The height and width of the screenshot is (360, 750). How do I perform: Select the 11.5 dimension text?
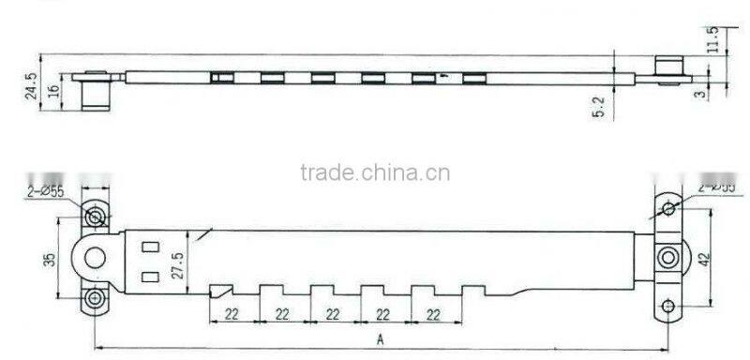(x=712, y=39)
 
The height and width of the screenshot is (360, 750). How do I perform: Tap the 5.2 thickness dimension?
(x=600, y=106)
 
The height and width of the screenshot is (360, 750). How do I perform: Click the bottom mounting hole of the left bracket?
(x=96, y=300)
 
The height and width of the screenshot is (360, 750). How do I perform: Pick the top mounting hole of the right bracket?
(x=667, y=207)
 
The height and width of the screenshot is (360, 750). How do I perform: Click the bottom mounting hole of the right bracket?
(x=667, y=305)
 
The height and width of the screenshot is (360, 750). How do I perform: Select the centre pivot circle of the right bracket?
(x=667, y=257)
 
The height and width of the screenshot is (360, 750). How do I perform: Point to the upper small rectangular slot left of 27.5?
(x=147, y=247)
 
